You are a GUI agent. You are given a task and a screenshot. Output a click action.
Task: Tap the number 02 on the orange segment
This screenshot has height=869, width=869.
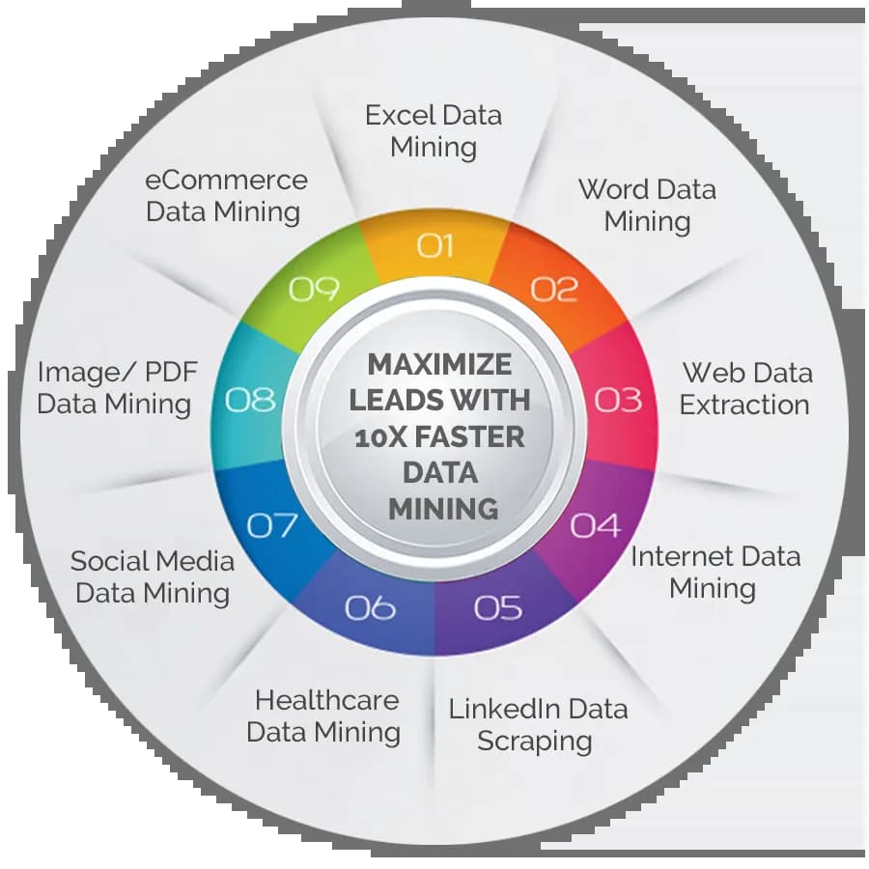(554, 289)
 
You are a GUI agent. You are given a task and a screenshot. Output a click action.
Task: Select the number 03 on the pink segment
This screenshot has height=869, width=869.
(618, 399)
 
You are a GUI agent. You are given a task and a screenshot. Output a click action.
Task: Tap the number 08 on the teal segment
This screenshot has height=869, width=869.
(250, 399)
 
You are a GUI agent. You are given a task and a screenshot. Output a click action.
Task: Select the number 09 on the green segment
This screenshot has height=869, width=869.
(315, 289)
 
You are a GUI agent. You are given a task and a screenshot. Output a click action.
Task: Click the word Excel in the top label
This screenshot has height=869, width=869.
(397, 116)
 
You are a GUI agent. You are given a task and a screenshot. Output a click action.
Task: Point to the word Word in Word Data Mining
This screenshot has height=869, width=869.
(612, 188)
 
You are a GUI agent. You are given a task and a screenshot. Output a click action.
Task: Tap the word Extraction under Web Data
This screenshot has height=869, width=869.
(743, 404)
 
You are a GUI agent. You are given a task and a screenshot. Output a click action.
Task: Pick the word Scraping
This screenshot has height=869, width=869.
(534, 742)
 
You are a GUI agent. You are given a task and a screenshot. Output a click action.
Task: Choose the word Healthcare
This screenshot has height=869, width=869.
(326, 700)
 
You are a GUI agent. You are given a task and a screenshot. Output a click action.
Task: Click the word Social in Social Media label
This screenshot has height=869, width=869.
(109, 561)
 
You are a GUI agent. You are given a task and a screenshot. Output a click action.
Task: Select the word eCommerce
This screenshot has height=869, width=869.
(226, 180)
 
